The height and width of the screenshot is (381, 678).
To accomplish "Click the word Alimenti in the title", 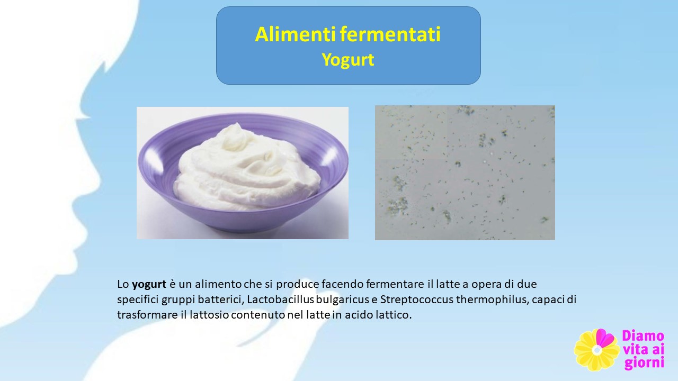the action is (295, 34).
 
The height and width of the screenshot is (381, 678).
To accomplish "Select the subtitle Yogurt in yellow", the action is (348, 60).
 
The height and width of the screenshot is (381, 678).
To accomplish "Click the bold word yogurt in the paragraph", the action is (149, 285).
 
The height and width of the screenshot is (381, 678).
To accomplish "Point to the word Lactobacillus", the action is (280, 300).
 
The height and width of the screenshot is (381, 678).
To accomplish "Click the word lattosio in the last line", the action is (209, 315).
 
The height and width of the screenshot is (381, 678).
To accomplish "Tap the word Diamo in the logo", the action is (643, 336).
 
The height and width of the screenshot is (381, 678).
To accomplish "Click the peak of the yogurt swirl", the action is (237, 124).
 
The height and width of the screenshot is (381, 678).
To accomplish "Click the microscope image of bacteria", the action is (465, 173).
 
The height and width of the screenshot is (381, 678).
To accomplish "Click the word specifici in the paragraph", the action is (138, 300).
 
